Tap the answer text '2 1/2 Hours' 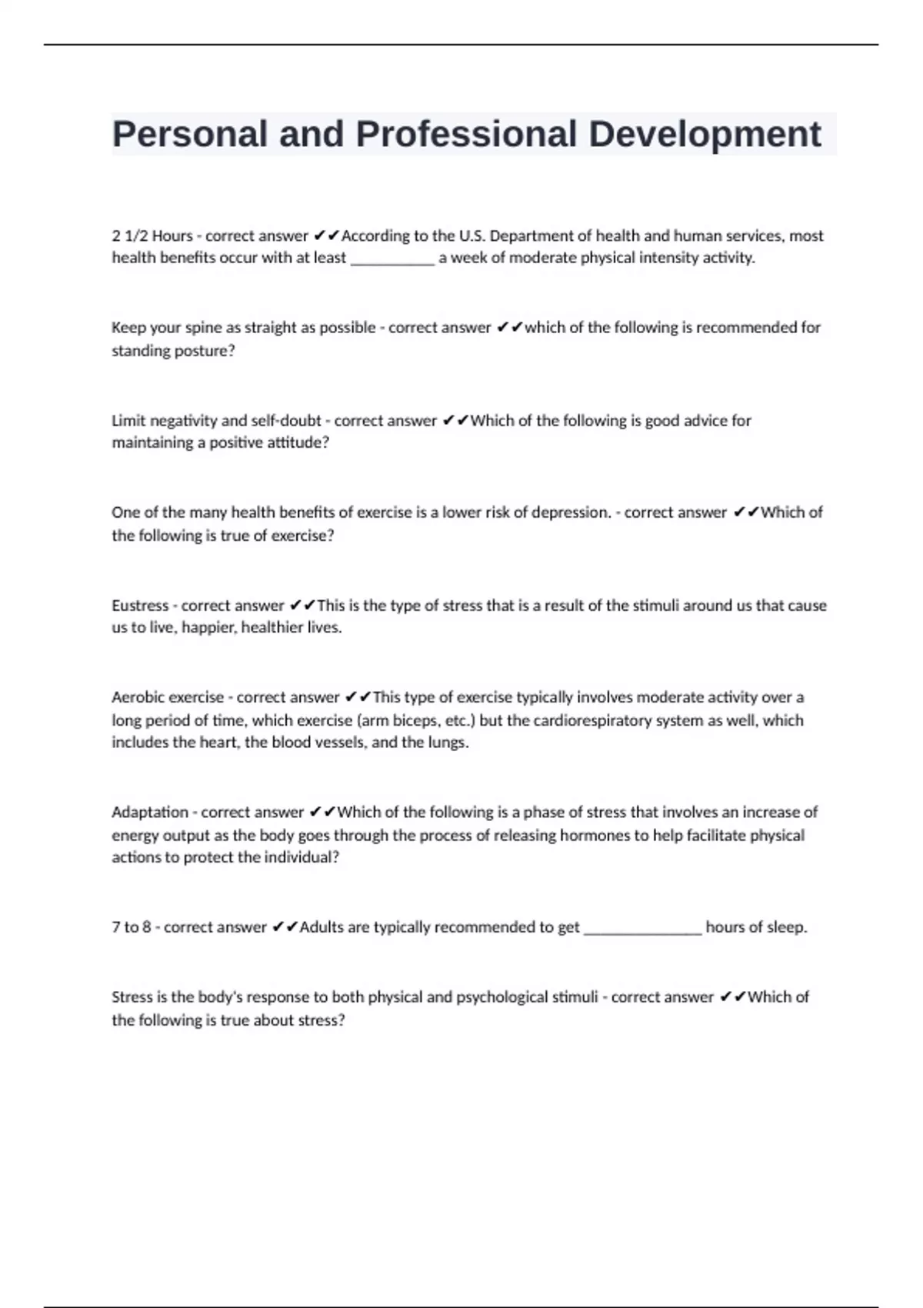pos(152,235)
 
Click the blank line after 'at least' pos(392,259)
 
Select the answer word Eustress pos(140,606)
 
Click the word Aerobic pos(138,698)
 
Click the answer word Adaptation pos(148,812)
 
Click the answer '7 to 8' pos(131,927)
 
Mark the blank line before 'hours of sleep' pos(642,929)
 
